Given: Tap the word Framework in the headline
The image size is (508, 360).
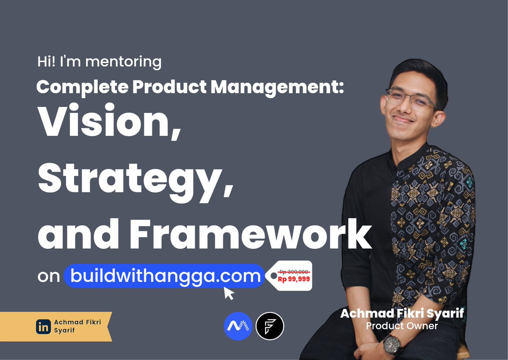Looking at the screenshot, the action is tap(251, 234).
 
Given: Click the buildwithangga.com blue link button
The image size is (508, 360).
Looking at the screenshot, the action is tap(164, 276).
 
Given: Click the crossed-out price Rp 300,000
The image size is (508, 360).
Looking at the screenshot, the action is tap(294, 272).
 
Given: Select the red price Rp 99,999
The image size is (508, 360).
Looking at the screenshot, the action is tap(294, 279).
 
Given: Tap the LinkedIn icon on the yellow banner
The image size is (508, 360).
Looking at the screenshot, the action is tap(43, 327).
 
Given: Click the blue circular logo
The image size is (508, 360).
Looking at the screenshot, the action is tap(238, 326).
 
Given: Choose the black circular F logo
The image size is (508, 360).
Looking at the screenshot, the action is tap(270, 326).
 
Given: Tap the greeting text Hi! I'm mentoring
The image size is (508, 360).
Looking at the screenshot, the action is tap(99, 62).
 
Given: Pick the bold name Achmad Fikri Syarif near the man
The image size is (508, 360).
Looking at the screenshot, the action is tap(402, 313).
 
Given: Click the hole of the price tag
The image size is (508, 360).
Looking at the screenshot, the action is tap(274, 275).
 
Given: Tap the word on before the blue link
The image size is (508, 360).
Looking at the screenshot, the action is tap(49, 276).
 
